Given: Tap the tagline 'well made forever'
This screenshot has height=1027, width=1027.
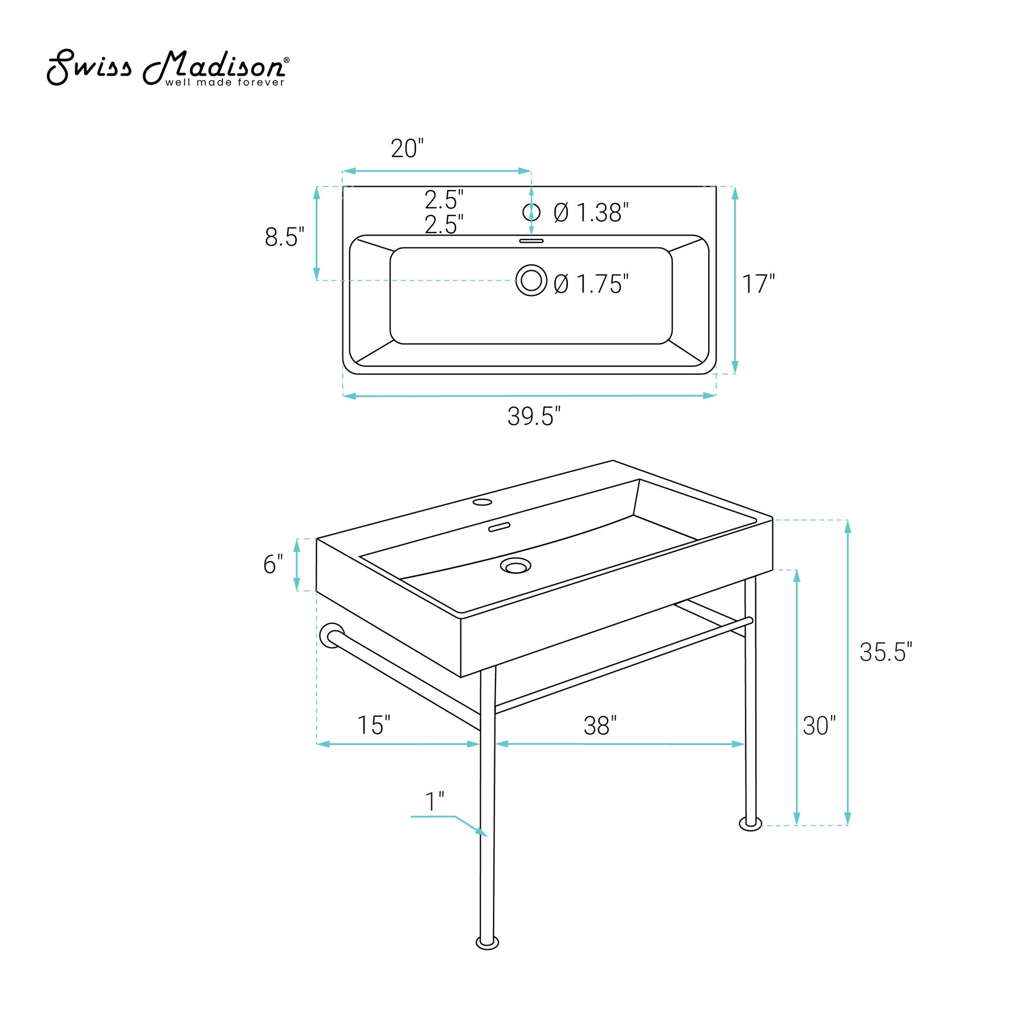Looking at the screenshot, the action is click(225, 82).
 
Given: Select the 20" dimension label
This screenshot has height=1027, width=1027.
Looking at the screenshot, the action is click(407, 148).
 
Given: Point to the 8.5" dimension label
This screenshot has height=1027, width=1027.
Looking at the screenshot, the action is click(284, 236).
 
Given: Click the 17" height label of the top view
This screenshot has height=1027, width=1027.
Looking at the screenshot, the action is click(758, 284).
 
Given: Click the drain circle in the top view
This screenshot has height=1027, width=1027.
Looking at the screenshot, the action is click(531, 280).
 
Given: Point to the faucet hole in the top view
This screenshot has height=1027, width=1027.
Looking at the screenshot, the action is click(531, 212).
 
